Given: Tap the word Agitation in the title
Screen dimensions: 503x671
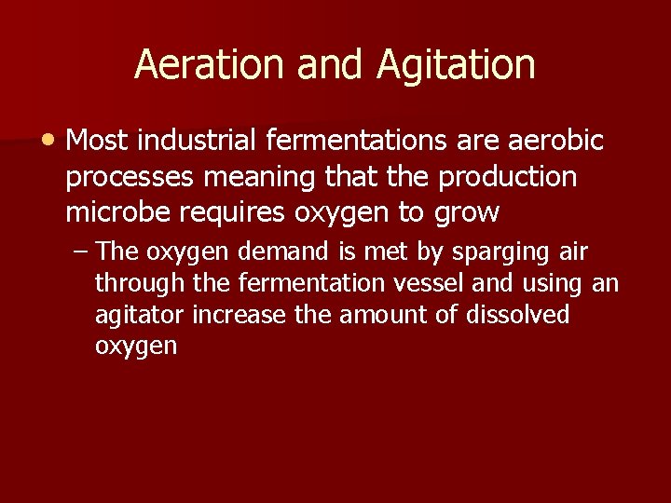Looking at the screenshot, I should pos(457,64).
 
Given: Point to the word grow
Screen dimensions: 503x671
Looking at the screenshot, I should pos(466,212).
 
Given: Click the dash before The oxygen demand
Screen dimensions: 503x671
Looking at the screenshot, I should pos(82,251).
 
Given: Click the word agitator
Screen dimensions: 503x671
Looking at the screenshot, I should pos(140,315).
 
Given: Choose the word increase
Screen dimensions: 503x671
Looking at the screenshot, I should pos(240,315).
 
